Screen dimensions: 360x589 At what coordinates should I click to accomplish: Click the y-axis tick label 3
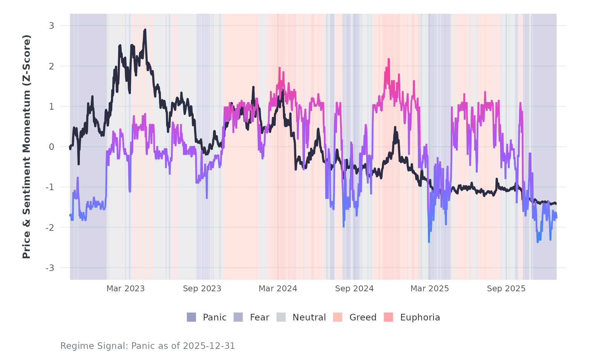51,26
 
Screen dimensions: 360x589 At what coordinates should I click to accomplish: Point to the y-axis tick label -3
50,268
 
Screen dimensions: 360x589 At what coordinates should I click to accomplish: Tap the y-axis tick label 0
51,147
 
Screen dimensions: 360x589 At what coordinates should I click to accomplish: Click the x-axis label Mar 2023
125,289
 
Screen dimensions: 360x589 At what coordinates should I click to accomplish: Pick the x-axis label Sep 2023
202,289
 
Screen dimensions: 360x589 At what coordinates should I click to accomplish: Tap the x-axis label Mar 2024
278,289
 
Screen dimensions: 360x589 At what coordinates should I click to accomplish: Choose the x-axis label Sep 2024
354,289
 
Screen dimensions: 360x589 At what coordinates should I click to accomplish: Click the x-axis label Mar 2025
430,289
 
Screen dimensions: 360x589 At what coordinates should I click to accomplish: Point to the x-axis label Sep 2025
506,289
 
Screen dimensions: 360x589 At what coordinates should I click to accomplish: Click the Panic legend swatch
191,317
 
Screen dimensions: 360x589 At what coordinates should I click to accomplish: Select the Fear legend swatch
238,317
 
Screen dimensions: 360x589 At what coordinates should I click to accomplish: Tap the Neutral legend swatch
281,317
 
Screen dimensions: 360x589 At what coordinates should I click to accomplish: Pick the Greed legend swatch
338,317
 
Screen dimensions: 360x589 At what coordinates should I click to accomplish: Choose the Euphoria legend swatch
388,317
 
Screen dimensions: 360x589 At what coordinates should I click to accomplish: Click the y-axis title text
26,147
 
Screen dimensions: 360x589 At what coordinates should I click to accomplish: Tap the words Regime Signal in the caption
94,346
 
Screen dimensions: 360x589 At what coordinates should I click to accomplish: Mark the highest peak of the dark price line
145,30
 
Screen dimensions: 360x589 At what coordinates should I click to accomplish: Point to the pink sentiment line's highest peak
389,59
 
